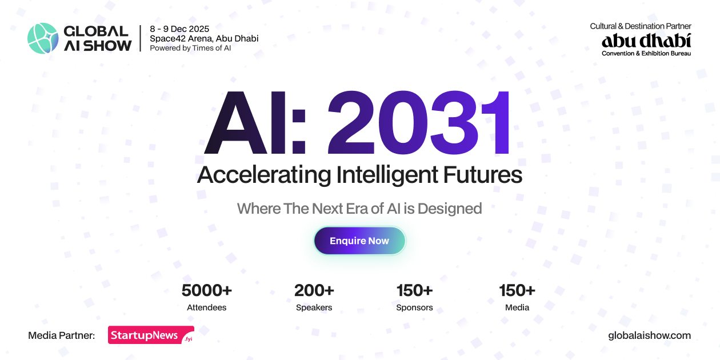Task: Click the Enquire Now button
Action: point(359,241)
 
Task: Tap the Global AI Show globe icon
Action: point(43,38)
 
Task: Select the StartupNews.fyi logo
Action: point(151,335)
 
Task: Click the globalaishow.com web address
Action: point(649,335)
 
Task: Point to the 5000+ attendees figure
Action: point(206,290)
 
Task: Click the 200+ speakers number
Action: point(314,290)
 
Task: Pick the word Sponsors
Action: point(414,307)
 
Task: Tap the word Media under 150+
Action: point(517,307)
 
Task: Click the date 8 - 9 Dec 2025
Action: point(179,29)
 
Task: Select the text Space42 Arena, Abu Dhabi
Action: point(204,38)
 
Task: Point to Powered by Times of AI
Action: point(190,48)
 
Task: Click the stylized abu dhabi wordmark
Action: point(646,41)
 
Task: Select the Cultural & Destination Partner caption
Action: point(641,26)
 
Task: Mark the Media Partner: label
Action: point(61,335)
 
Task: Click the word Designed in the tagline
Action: point(450,209)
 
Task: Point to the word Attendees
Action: point(206,307)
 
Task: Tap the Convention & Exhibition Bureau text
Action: point(646,53)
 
